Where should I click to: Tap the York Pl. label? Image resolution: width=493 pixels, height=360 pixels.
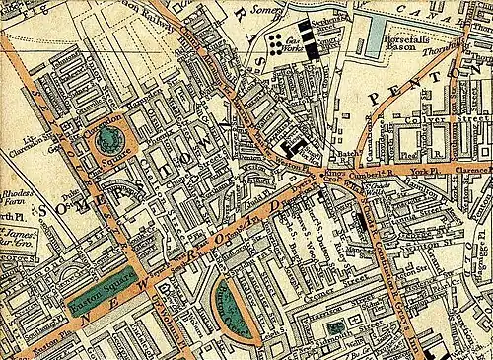(x=425, y=170)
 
